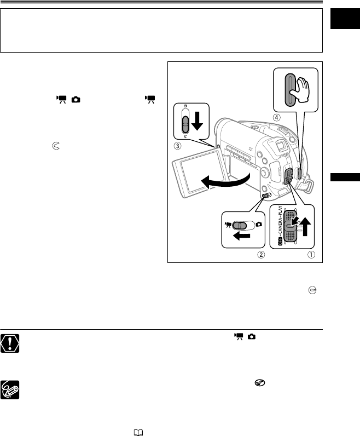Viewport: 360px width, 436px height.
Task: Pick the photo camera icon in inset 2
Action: coord(259,225)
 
